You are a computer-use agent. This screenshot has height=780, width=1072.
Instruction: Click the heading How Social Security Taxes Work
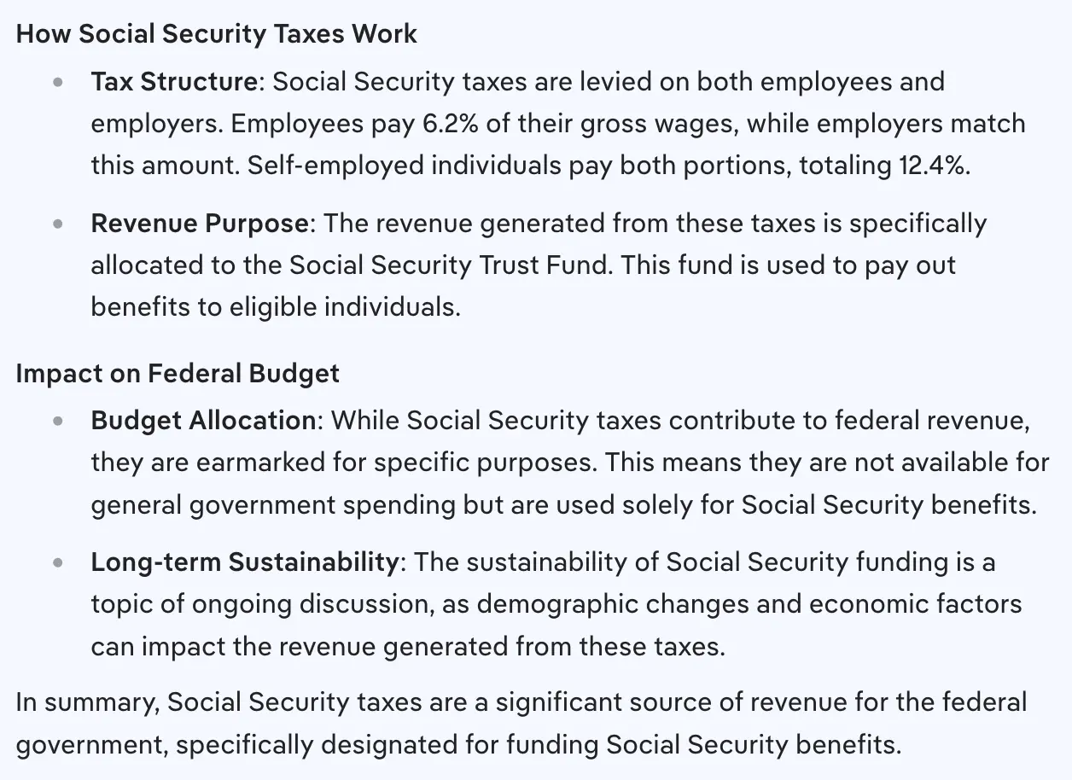pos(217,34)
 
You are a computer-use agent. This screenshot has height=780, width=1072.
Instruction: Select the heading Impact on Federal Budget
pos(178,374)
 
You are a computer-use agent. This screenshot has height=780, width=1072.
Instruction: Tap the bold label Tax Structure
pos(174,82)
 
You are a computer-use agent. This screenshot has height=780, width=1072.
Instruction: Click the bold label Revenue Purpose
pos(200,224)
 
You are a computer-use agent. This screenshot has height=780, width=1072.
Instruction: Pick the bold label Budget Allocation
pos(203,421)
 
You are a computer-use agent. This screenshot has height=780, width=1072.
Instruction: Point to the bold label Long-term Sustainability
pos(244,562)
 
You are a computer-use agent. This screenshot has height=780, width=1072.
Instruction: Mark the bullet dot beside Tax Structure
pos(58,83)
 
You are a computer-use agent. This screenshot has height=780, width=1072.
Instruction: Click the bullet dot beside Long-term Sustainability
pos(58,563)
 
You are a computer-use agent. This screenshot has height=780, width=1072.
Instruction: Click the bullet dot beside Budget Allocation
pos(58,422)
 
